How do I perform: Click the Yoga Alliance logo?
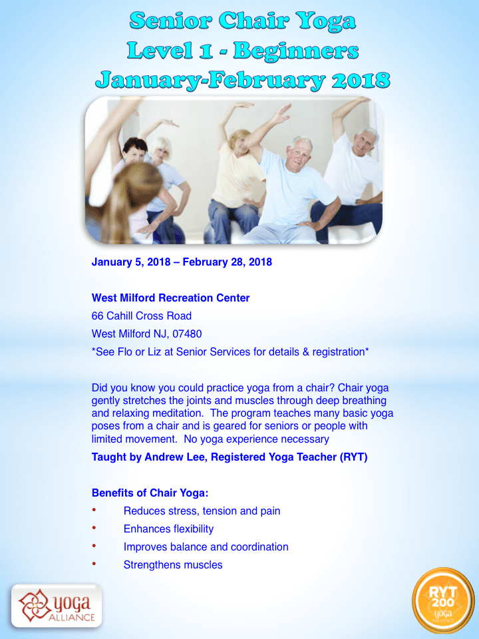point(56,606)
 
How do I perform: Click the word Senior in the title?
point(170,21)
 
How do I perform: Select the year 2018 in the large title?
point(361,80)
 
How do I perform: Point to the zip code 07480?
point(187,333)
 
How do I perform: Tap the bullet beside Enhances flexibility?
point(94,528)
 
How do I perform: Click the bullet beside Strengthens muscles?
point(94,564)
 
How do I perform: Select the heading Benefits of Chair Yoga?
point(150,493)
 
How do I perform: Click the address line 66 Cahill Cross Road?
point(141,316)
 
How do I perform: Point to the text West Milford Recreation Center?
point(171,298)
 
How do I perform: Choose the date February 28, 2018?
point(228,262)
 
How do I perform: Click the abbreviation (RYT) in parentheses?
point(353,457)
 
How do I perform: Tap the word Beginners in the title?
point(296,51)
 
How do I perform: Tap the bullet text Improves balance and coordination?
point(206,546)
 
